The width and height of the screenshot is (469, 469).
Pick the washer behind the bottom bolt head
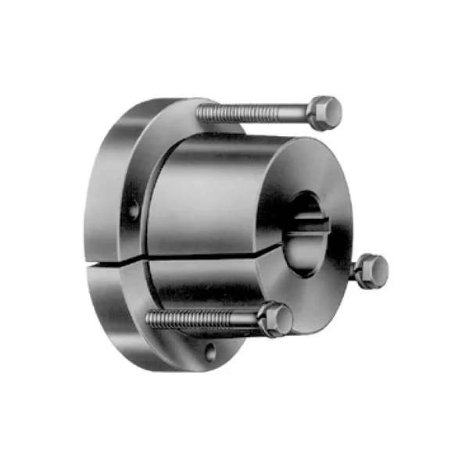click(263, 318)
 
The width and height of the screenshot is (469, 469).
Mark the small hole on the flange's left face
click(134, 209)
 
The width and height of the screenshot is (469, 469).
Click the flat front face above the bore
click(313, 168)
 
